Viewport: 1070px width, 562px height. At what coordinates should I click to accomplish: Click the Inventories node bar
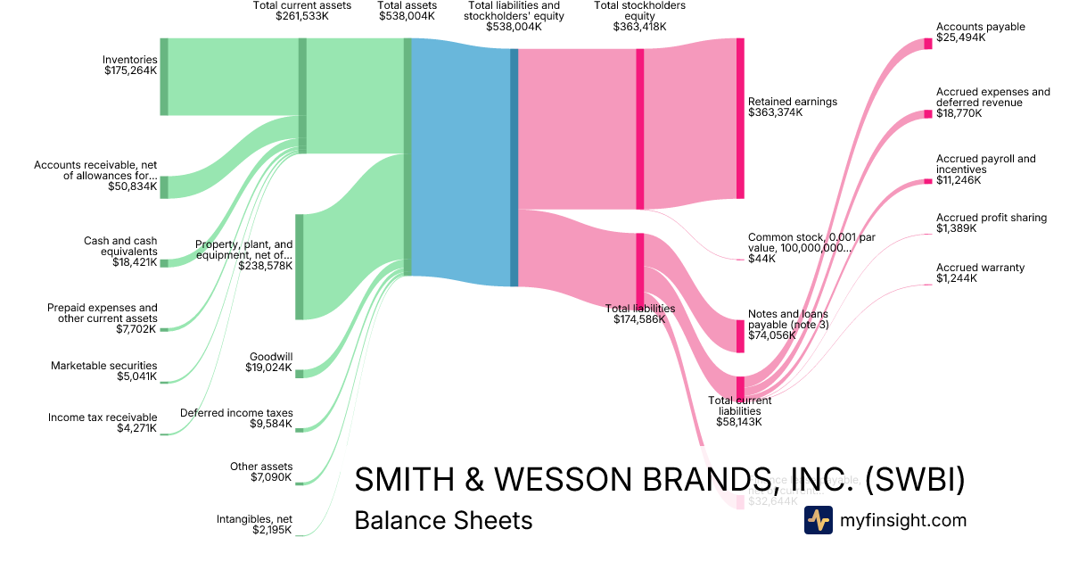pos(164,77)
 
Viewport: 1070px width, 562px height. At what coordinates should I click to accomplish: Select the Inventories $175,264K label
pos(130,65)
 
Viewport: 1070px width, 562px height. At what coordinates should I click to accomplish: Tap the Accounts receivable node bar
pos(164,187)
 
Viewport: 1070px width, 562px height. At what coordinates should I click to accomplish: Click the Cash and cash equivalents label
pos(120,252)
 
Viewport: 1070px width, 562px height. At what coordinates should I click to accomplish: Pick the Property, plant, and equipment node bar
pos(300,267)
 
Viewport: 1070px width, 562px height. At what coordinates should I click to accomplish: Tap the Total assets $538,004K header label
pos(407,11)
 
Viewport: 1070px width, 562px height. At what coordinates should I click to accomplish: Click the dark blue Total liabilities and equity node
pos(514,168)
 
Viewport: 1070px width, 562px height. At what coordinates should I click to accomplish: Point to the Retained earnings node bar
pos(740,118)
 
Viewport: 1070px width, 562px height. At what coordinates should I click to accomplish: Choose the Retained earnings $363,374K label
pos(793,107)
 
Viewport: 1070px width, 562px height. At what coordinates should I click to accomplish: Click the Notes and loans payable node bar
pos(740,336)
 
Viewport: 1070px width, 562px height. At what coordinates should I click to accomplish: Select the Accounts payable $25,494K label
pos(981,32)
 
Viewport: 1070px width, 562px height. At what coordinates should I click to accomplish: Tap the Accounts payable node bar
pos(928,44)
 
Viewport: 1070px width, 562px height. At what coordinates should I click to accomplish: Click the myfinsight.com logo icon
pos(818,520)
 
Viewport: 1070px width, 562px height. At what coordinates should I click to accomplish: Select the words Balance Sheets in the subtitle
pos(443,520)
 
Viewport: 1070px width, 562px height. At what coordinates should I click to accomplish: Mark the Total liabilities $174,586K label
pos(640,314)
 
